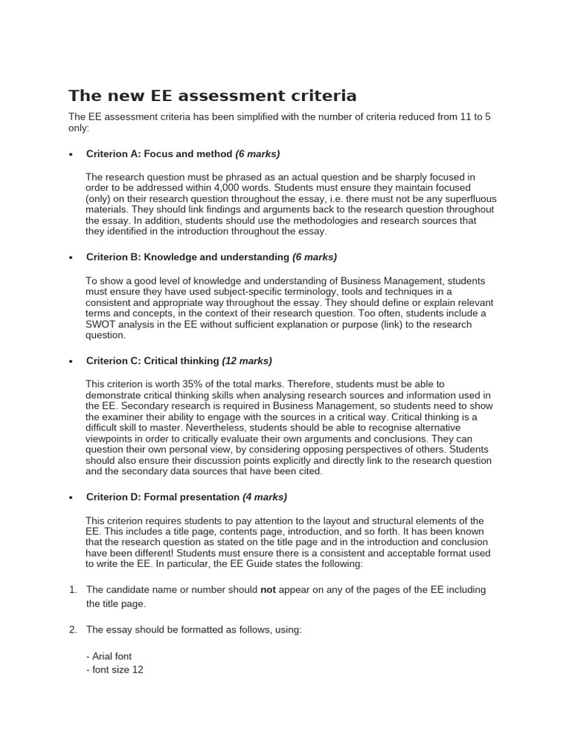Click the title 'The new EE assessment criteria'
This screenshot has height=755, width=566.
pyautogui.click(x=212, y=95)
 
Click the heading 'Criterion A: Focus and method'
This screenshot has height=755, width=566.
pyautogui.click(x=158, y=153)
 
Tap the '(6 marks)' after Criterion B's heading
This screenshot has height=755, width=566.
pyautogui.click(x=315, y=257)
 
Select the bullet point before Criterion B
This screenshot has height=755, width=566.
pyautogui.click(x=71, y=257)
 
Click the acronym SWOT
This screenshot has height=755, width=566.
pyautogui.click(x=102, y=324)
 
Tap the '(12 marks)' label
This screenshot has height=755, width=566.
pyautogui.click(x=247, y=361)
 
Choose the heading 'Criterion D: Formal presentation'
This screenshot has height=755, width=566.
pyautogui.click(x=163, y=497)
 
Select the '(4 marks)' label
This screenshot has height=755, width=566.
pyautogui.click(x=265, y=497)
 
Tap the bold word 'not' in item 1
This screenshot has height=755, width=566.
pyautogui.click(x=268, y=589)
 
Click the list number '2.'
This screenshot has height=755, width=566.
pyautogui.click(x=73, y=630)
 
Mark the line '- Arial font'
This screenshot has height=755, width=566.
pyautogui.click(x=109, y=655)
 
